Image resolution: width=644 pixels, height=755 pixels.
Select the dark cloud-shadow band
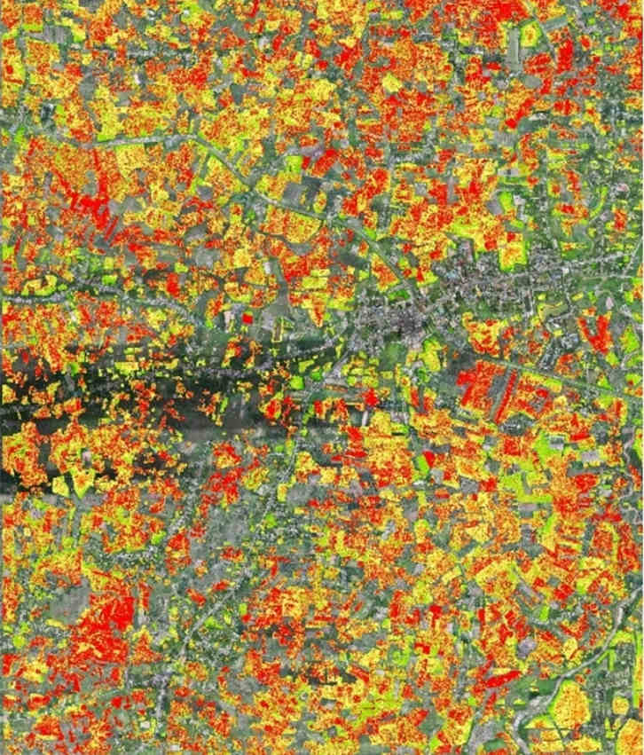click(133, 399)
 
